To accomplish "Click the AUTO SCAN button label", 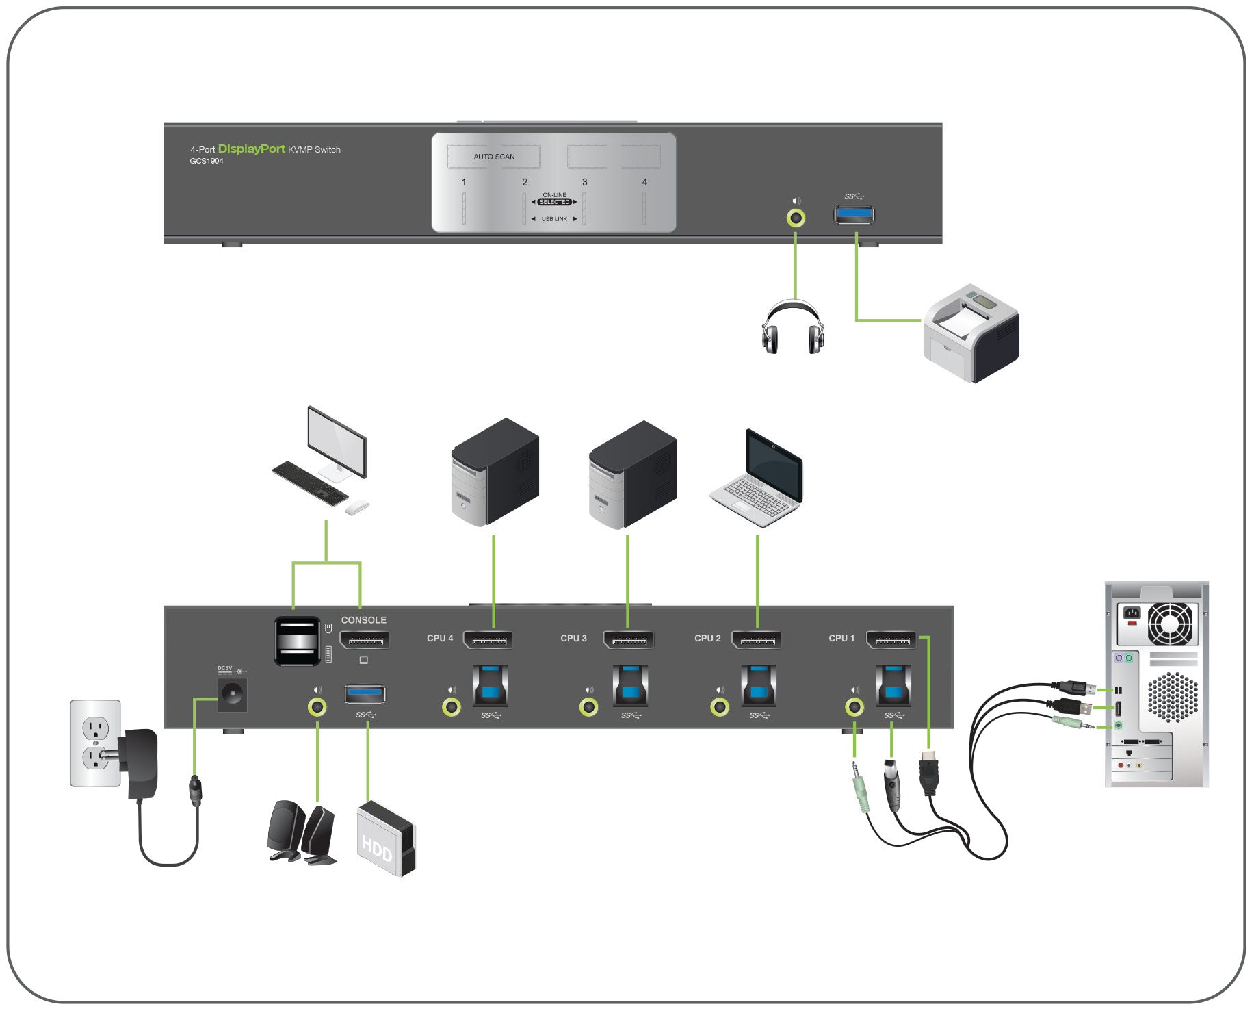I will coord(494,157).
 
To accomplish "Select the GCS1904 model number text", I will coord(207,162).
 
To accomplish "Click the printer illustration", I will coord(971,333).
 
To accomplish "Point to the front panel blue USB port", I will coord(853,215).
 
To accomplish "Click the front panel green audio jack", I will coord(795,218).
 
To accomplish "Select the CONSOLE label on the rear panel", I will coord(363,620).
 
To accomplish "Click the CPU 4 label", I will coord(440,638).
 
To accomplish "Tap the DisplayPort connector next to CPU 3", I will coord(628,640).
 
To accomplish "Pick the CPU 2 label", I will coord(707,638).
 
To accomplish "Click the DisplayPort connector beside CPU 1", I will coord(891,640).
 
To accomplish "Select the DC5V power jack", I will coord(232,695).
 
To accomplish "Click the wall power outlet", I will coord(95,743).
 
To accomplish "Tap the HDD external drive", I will coord(386,839).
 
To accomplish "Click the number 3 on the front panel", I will coord(584,182).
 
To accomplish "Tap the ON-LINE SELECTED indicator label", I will coord(554,199).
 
